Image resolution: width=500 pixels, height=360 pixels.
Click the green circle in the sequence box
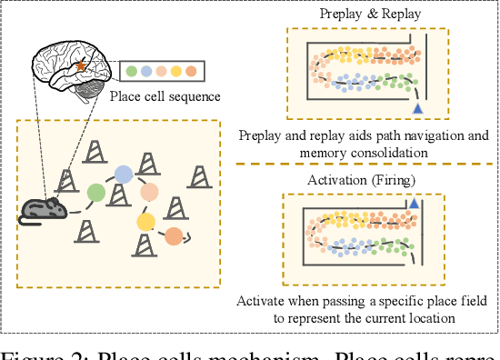[x=132, y=70]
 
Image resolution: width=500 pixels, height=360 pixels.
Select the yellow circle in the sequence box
[x=175, y=70]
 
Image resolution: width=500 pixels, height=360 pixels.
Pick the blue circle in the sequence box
[x=146, y=70]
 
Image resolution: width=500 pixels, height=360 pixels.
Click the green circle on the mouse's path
[x=95, y=192]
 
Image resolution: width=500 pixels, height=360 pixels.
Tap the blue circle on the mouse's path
[x=124, y=173]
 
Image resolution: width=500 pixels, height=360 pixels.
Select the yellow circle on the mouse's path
[x=145, y=220]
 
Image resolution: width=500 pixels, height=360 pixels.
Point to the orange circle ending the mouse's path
[x=173, y=236]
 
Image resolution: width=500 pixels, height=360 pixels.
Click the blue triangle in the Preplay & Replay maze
[x=418, y=109]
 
